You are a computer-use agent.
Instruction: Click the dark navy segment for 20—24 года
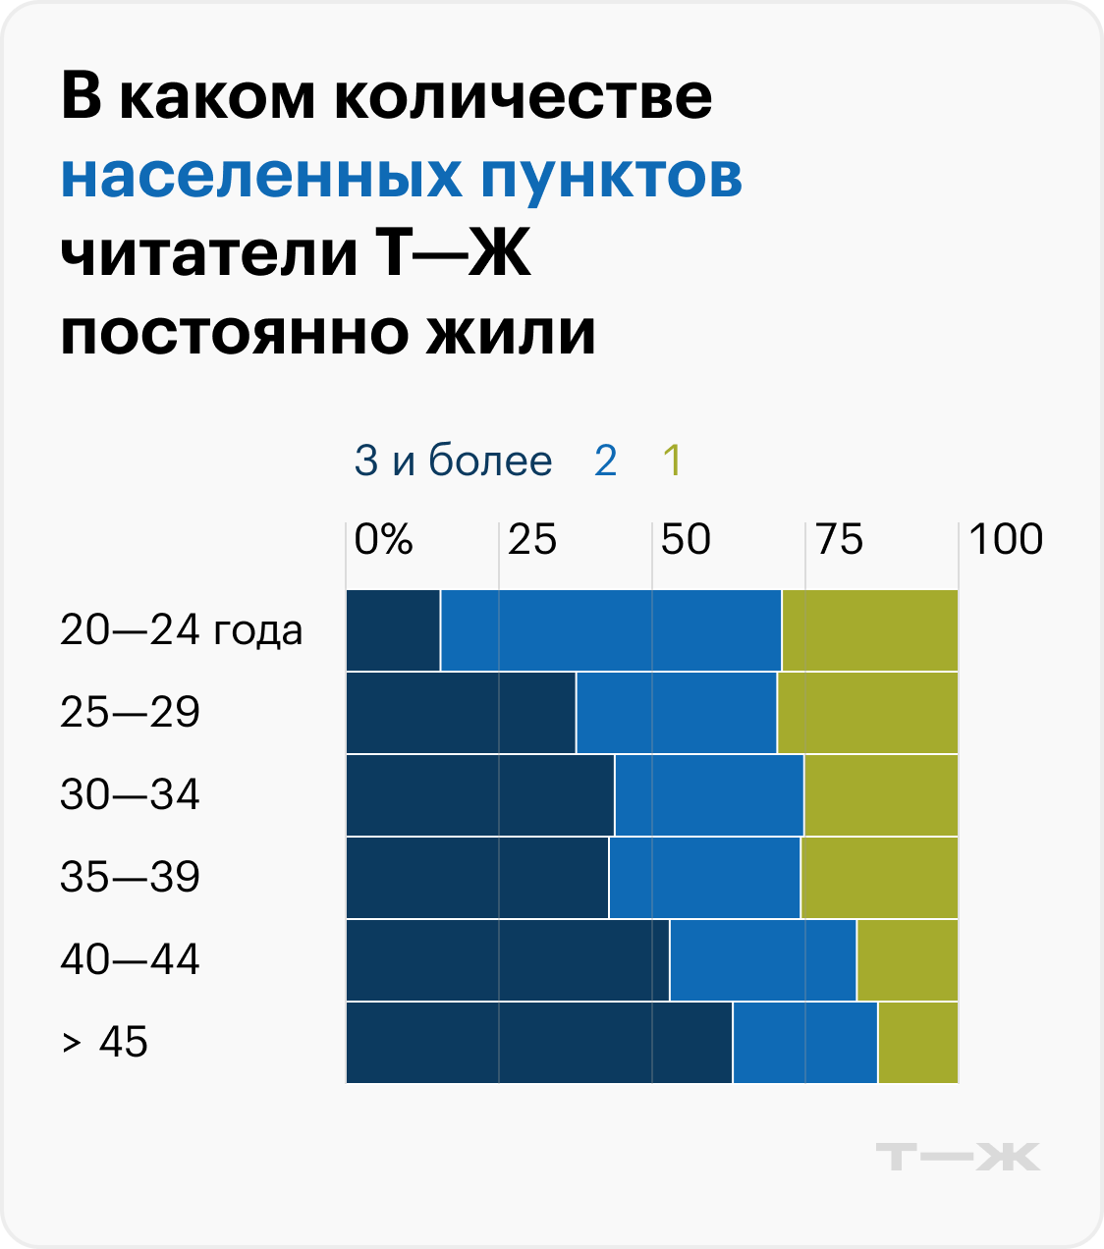click(393, 630)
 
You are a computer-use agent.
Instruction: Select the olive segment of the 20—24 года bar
click(869, 630)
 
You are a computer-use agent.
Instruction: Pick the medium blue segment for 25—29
click(676, 713)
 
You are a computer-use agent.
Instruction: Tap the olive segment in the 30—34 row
click(880, 795)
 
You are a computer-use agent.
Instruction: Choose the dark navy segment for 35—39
click(477, 878)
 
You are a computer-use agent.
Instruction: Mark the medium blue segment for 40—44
click(762, 960)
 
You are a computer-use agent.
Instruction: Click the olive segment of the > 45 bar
click(917, 1043)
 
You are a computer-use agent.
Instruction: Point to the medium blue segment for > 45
click(804, 1043)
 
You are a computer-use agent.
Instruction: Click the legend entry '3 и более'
click(453, 461)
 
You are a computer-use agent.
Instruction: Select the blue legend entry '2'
click(605, 461)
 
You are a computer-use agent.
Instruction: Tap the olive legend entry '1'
click(672, 461)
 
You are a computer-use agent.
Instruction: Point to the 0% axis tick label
click(383, 539)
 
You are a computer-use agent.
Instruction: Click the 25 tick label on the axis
click(531, 539)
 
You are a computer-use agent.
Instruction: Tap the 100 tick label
click(1006, 539)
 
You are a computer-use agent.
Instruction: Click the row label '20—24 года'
click(181, 630)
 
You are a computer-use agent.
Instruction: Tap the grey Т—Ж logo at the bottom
click(958, 1157)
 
